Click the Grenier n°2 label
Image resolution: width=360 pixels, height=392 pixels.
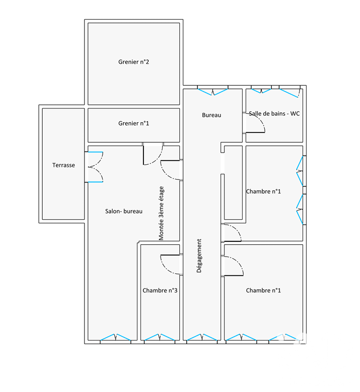pyautogui.click(x=134, y=62)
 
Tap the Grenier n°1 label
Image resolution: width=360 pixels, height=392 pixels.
pyautogui.click(x=134, y=123)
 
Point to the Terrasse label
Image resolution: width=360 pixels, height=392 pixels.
pyautogui.click(x=63, y=165)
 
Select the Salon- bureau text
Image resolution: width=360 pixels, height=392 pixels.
pyautogui.click(x=124, y=211)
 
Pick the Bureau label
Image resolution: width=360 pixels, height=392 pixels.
pyautogui.click(x=212, y=115)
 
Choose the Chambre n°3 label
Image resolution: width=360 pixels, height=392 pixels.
pyautogui.click(x=160, y=290)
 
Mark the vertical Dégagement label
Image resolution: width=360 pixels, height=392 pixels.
pyautogui.click(x=199, y=256)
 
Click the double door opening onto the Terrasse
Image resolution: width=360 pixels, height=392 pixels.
pyautogui.click(x=94, y=167)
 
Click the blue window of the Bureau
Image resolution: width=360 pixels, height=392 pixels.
pyautogui.click(x=213, y=92)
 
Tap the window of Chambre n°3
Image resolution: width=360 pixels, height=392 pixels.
pyautogui.click(x=160, y=337)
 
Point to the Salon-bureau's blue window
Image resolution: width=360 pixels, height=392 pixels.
pyautogui.click(x=115, y=337)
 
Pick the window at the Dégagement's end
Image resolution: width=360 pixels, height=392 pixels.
pyautogui.click(x=202, y=337)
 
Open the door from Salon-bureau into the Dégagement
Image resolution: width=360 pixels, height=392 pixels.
pyautogui.click(x=171, y=170)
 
